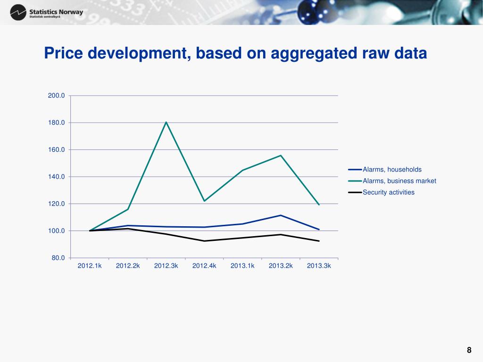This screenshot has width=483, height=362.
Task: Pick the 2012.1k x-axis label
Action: click(x=90, y=266)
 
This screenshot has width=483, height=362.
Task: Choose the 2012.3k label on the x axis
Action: click(x=166, y=266)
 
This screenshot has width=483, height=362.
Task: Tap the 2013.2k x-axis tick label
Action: click(x=281, y=266)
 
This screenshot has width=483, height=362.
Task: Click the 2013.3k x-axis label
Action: click(x=319, y=266)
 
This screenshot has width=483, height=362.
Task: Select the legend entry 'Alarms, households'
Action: click(x=392, y=170)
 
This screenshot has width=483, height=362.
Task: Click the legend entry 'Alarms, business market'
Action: click(x=399, y=181)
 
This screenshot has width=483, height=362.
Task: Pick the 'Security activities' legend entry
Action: click(x=389, y=192)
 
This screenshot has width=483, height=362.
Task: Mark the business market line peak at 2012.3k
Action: click(x=166, y=122)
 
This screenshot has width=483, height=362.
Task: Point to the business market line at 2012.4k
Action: click(x=204, y=201)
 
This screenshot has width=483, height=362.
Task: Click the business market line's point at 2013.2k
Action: click(x=281, y=156)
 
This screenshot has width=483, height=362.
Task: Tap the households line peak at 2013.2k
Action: click(x=281, y=215)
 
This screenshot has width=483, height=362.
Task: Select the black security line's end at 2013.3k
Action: click(x=319, y=241)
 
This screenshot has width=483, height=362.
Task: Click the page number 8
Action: click(x=469, y=350)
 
